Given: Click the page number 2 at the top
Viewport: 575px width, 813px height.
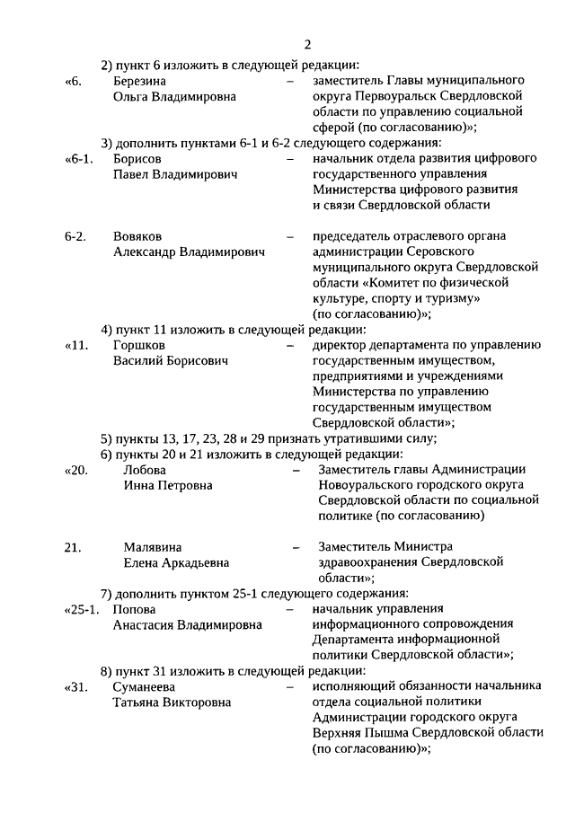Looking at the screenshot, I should tap(307, 45).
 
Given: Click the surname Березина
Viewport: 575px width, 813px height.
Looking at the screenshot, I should tap(141, 81).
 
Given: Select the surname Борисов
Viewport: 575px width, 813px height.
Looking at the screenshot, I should tap(137, 158).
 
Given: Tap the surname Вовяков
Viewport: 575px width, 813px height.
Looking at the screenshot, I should tap(138, 236).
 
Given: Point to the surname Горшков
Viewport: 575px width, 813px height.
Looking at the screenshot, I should tap(139, 345).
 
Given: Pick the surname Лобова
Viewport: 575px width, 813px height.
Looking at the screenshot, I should tap(145, 470).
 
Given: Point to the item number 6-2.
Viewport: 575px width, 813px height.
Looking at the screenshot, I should tap(76, 236).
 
